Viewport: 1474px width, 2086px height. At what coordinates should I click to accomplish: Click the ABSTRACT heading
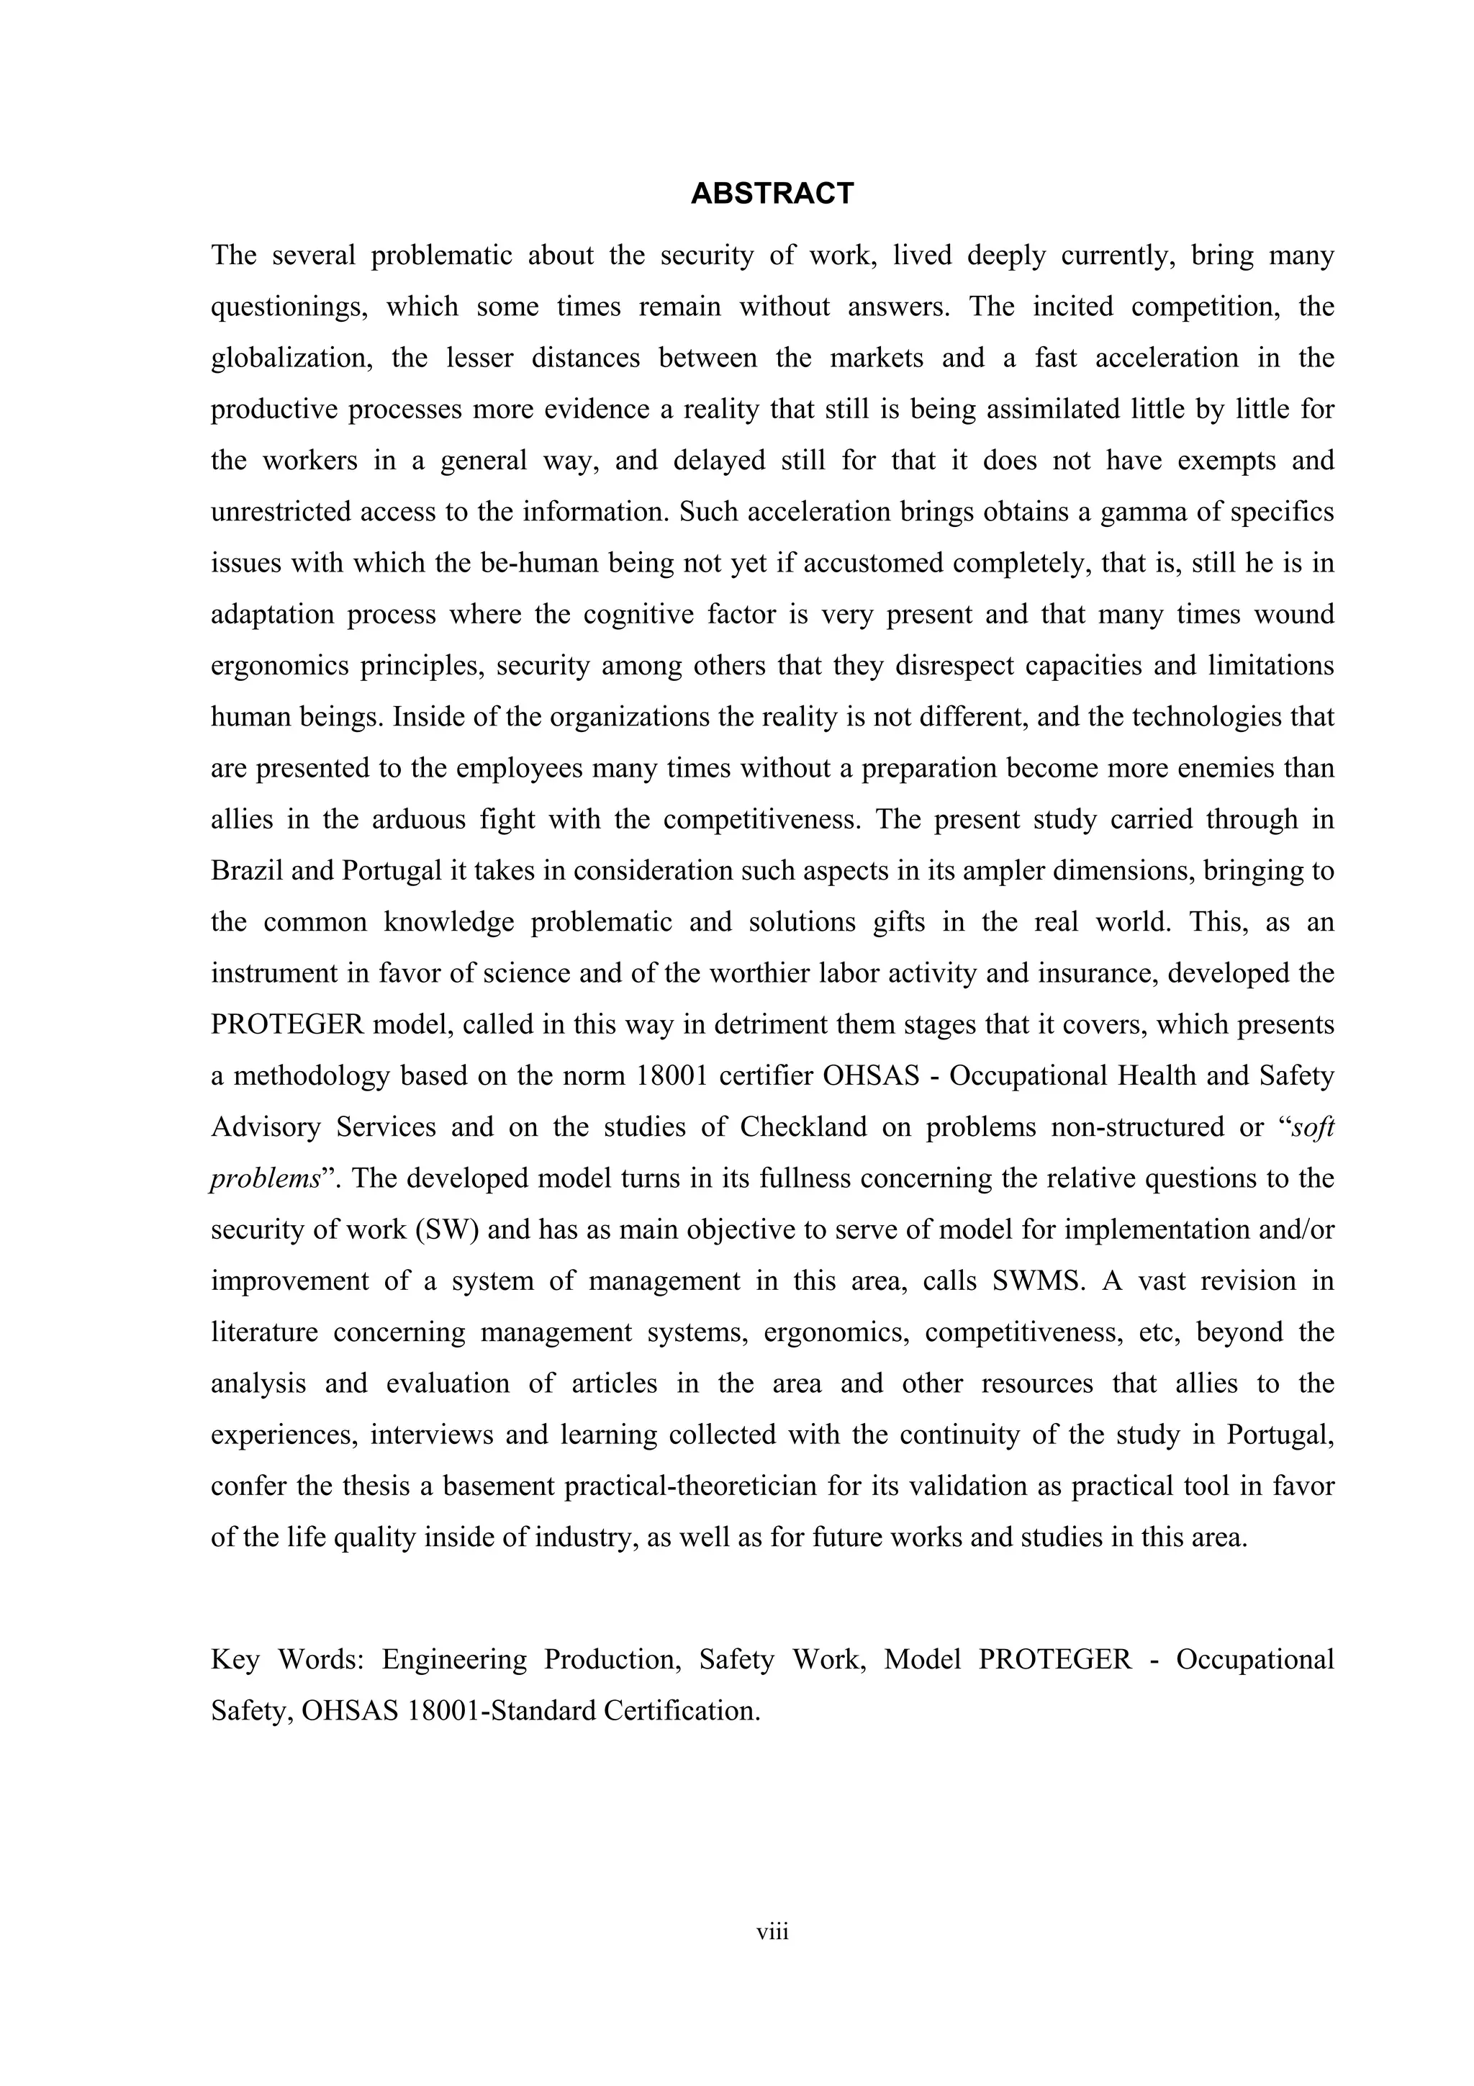pos(772,194)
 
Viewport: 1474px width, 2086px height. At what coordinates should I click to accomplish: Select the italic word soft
pos(1311,1127)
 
